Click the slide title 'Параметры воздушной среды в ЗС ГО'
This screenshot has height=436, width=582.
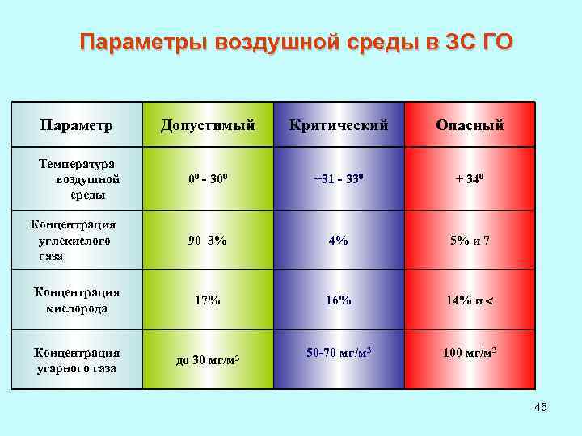[296, 42]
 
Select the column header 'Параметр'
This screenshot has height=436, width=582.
[77, 125]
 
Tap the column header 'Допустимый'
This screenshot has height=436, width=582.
[208, 125]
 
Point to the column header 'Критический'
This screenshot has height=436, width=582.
[339, 125]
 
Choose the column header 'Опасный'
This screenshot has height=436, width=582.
[470, 125]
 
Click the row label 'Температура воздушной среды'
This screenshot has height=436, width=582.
[78, 178]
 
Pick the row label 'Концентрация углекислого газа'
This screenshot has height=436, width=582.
[72, 240]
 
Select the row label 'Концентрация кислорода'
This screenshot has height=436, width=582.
[76, 300]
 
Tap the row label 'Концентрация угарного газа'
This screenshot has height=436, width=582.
[76, 360]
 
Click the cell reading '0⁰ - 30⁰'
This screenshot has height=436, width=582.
[208, 178]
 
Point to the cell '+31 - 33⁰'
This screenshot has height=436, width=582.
[339, 178]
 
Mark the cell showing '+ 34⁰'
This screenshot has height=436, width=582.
[470, 178]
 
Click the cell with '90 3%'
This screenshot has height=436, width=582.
[208, 240]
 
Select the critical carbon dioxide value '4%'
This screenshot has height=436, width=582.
[339, 240]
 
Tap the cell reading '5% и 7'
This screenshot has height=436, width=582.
[470, 240]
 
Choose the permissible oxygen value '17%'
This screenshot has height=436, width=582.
[208, 300]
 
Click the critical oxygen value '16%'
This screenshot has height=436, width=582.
[339, 300]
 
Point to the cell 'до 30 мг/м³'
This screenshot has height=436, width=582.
[208, 360]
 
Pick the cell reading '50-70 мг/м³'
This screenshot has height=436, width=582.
[339, 353]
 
